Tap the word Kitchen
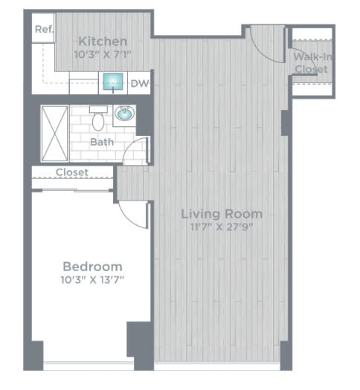coord(103,41)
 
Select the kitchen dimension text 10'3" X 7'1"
coord(103,53)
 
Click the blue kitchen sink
coord(114,82)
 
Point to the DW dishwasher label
coord(139,83)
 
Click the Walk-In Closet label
coord(311,62)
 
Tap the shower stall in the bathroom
coord(54,132)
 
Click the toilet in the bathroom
coord(98,119)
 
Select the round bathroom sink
coord(124,114)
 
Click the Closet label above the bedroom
coord(72,172)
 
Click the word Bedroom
coord(92,267)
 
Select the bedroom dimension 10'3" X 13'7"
coord(92,280)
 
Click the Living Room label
coord(222,214)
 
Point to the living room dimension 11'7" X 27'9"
coord(222,227)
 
